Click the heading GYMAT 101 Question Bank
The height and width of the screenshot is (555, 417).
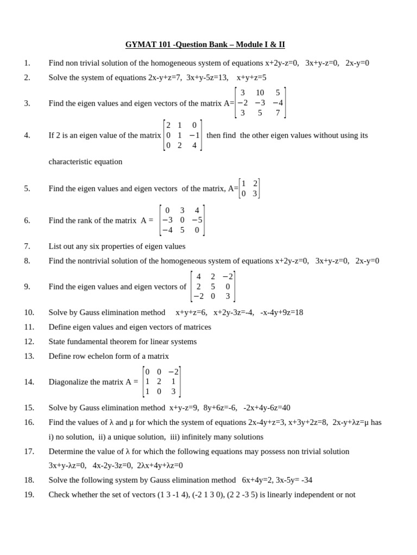click(205, 44)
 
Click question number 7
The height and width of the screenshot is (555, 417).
click(27, 246)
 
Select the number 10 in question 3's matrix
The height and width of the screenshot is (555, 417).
click(260, 93)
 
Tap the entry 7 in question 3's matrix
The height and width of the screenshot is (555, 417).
click(277, 113)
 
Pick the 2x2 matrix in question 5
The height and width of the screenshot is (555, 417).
click(249, 188)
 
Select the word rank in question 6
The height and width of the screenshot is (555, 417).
click(101, 221)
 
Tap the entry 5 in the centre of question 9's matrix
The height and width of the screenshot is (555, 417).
click(213, 286)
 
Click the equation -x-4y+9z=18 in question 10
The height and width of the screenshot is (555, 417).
click(282, 312)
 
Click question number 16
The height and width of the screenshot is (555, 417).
click(29, 422)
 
